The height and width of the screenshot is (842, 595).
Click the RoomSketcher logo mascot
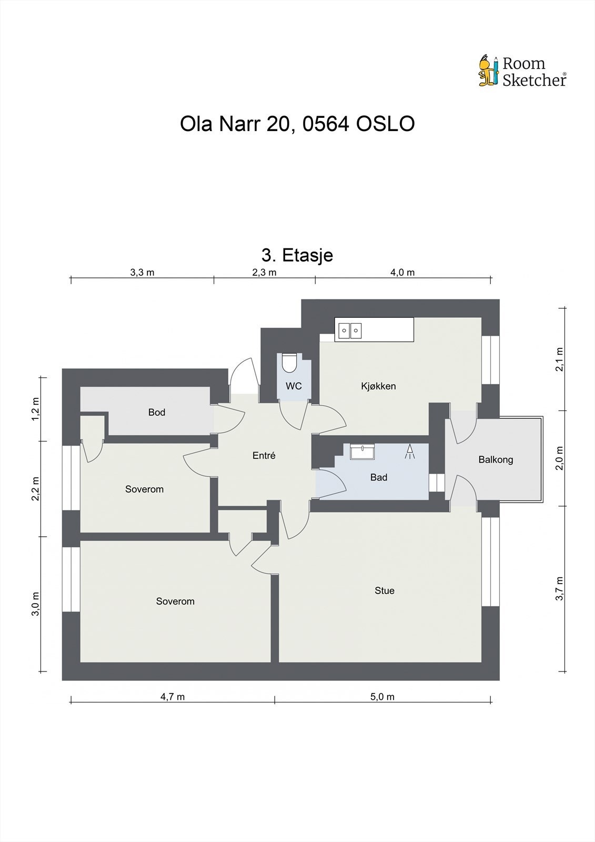point(488,71)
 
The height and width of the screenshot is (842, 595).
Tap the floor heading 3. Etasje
point(297,255)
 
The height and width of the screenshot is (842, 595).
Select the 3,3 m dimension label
point(142,272)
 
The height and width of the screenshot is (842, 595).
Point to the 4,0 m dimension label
point(402,272)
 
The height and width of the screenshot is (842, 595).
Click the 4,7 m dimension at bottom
point(173,697)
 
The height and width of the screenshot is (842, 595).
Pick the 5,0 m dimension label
point(382,697)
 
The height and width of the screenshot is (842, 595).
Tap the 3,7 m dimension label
point(560,588)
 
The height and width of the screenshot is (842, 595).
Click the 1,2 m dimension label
point(35,408)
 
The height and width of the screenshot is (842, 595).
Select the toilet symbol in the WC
point(289,363)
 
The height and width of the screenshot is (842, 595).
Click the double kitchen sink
point(350,330)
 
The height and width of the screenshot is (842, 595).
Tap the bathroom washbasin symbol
point(363,452)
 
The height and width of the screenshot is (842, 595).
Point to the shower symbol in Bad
point(410,452)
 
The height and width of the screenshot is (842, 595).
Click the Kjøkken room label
point(378,386)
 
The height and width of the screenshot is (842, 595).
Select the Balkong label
point(496,459)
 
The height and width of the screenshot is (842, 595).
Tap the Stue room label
point(384,590)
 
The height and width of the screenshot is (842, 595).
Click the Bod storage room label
point(157,412)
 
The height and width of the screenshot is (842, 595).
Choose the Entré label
point(264,456)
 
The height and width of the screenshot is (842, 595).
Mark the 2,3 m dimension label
point(264,272)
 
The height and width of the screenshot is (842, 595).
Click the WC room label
point(294,386)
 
